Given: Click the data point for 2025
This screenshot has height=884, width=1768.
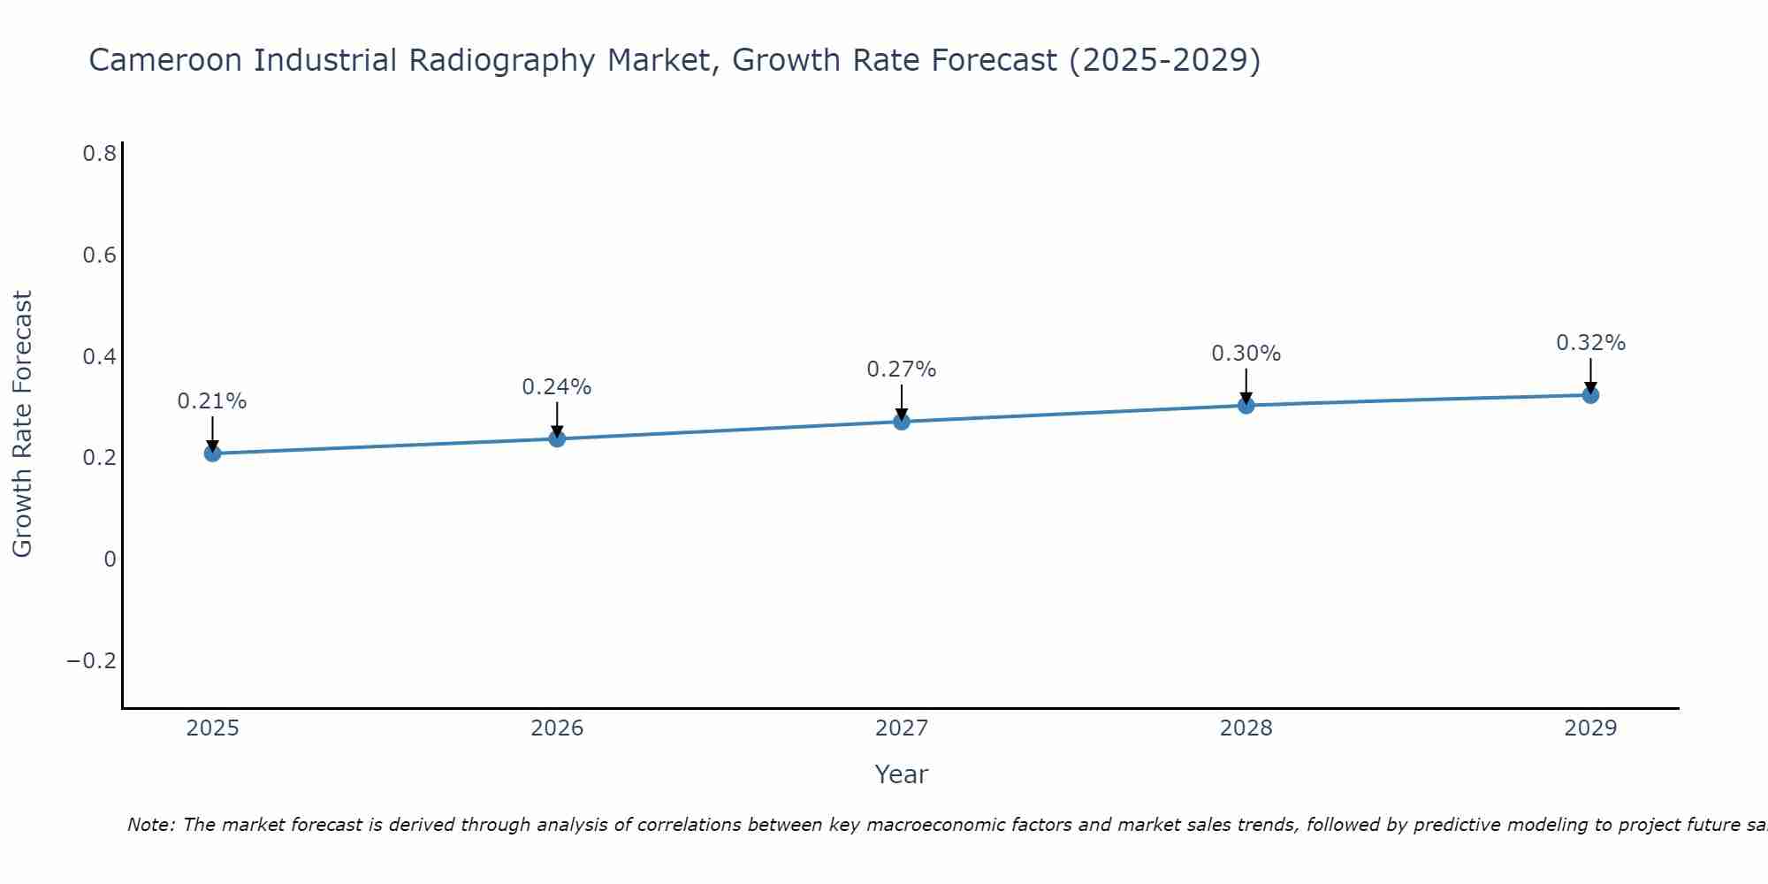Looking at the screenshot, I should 212,453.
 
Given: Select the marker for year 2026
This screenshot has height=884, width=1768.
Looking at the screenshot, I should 557,438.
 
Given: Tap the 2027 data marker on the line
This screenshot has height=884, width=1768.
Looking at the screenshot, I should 902,422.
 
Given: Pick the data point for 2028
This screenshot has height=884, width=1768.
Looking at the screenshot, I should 1246,406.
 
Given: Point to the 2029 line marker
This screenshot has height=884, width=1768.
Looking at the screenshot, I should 1590,395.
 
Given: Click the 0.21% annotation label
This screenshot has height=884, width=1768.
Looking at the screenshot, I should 212,401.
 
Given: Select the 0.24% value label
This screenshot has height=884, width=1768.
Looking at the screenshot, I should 557,387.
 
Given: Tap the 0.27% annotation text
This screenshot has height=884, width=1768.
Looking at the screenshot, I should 902,370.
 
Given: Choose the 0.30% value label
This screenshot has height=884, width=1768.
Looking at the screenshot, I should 1246,354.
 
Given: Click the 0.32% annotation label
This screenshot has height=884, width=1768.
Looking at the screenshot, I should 1590,343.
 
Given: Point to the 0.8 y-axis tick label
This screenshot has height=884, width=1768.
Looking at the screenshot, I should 100,154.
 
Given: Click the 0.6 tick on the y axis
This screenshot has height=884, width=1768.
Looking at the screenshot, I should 100,255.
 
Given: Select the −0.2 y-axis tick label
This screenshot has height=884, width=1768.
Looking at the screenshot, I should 92,661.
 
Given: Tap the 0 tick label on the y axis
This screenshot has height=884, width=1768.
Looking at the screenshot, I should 110,560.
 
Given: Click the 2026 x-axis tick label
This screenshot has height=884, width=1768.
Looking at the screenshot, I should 557,728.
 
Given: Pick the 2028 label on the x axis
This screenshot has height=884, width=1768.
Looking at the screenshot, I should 1246,728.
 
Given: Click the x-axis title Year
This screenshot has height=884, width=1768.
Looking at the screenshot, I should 902,774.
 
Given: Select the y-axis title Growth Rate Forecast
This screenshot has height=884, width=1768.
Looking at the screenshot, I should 22,424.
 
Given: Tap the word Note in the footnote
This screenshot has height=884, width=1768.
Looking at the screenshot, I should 149,826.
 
